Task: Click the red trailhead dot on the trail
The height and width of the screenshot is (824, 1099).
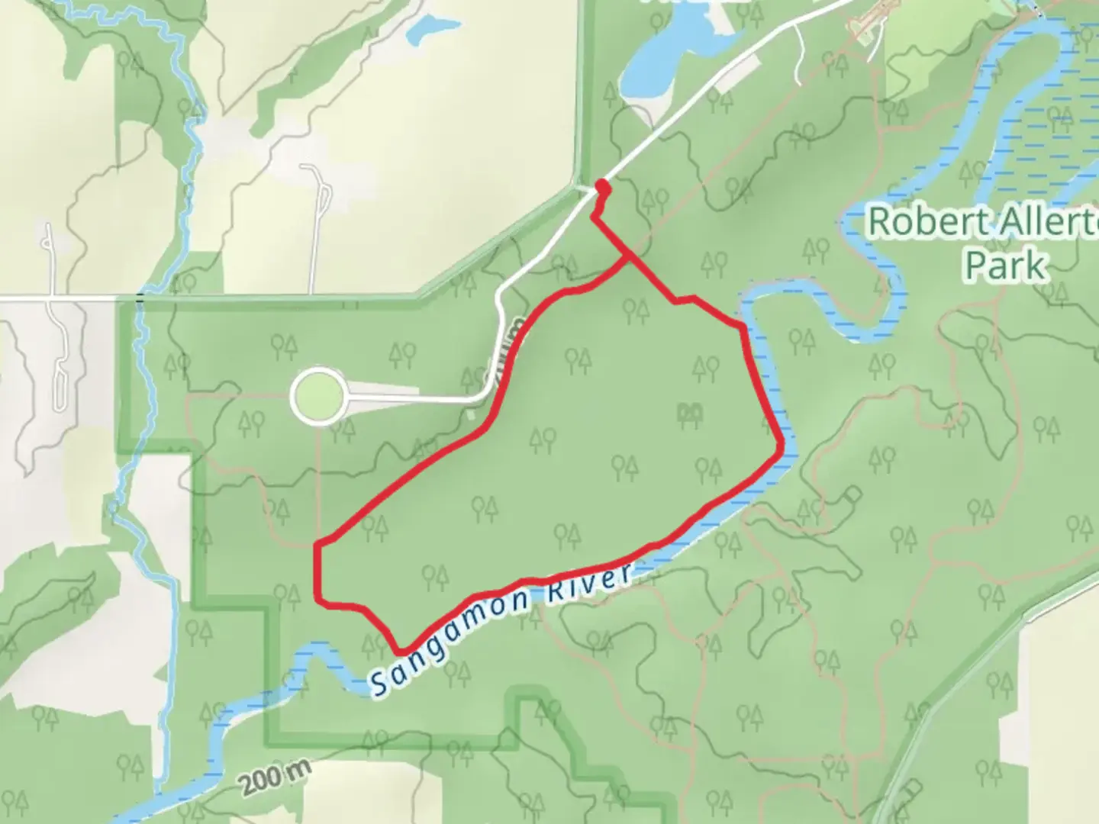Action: tap(601, 184)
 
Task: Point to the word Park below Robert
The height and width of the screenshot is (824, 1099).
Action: tap(1005, 266)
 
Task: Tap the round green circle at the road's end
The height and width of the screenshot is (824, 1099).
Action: tap(317, 394)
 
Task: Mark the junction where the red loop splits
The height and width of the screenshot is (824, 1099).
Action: tap(628, 259)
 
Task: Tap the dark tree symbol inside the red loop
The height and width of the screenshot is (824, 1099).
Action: tap(690, 413)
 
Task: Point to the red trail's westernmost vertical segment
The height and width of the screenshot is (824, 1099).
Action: tap(317, 572)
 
